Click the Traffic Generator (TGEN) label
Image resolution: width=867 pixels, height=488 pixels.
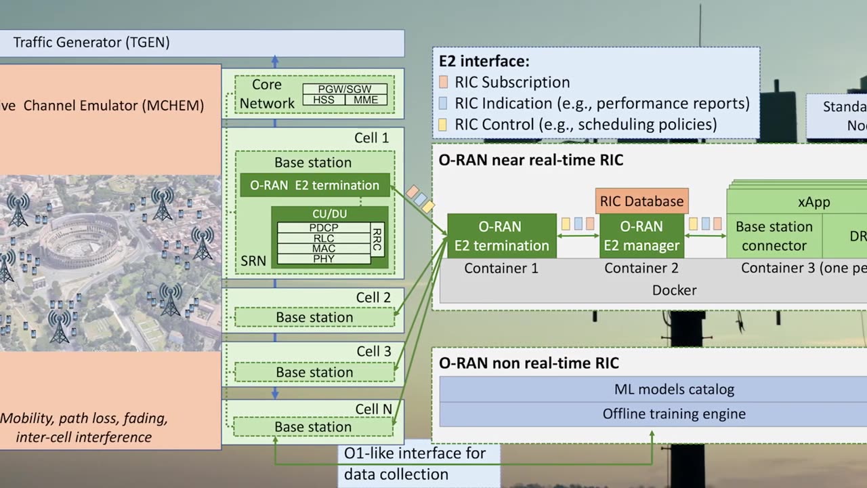coord(91,43)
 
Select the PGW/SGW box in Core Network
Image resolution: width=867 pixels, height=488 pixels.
coord(345,89)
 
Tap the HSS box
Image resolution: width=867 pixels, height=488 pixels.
coord(323,100)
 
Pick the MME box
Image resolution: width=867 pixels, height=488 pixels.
coord(366,100)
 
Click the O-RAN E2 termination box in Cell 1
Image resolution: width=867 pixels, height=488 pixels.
coord(314,185)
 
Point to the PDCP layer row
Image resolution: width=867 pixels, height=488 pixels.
coord(323,227)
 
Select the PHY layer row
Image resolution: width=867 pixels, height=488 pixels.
coord(323,259)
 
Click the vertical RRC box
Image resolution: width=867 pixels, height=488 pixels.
coord(377,239)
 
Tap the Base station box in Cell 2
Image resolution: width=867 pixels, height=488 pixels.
coord(314,317)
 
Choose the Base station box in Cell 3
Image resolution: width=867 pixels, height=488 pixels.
coord(314,372)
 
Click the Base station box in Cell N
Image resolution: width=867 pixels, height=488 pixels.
coord(313,427)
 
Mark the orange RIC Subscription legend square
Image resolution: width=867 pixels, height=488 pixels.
coord(443,83)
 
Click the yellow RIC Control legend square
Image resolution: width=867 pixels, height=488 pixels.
coord(443,125)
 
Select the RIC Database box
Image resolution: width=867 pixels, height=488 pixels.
coord(641,201)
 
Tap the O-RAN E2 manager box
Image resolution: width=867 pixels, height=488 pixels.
coord(641,236)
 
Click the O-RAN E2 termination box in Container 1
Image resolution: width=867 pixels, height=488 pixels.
coord(501,236)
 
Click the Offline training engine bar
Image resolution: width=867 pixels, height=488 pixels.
coord(673,414)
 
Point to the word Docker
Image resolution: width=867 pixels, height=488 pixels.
coord(674,290)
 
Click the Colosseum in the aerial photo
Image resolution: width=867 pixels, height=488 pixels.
coord(78,241)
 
